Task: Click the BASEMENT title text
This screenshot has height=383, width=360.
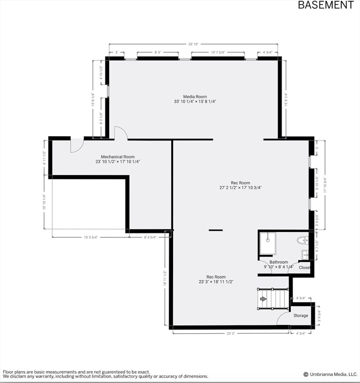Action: tap(326, 5)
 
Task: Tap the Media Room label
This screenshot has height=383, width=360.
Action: tap(194, 97)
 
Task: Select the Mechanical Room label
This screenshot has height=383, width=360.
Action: tap(118, 157)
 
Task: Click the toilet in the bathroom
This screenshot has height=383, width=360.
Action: tap(302, 241)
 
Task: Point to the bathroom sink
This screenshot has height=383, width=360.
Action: tap(305, 255)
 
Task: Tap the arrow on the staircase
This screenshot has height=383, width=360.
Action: tap(263, 299)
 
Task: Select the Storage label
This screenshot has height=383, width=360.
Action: tap(301, 316)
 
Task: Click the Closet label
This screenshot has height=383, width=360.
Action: tap(305, 268)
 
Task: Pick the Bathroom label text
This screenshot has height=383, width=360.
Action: tap(279, 262)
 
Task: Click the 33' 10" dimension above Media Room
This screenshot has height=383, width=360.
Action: tap(193, 44)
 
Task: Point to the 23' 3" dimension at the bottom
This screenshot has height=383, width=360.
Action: tap(231, 334)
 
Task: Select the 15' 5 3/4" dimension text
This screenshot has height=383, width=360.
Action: tap(91, 237)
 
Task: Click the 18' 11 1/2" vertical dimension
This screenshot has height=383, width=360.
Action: tap(165, 278)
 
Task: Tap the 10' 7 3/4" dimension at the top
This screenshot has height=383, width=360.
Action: tap(218, 52)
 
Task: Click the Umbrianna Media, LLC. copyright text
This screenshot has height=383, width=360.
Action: tap(331, 374)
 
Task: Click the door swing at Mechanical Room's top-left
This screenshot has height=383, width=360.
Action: tap(76, 146)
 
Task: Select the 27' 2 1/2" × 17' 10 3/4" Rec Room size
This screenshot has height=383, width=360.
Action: tap(240, 188)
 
